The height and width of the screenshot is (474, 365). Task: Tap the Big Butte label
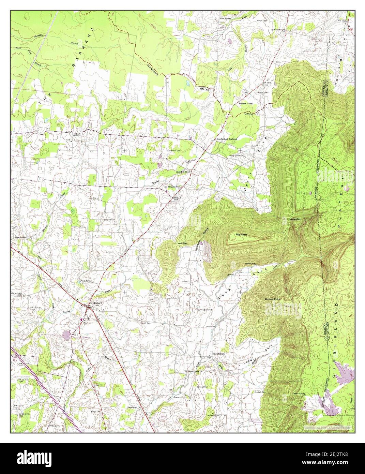[x=241, y=235]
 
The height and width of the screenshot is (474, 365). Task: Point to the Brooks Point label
[x=273, y=299]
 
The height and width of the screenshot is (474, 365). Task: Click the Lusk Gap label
[x=182, y=243]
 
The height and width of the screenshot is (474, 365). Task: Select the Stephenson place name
[x=219, y=354]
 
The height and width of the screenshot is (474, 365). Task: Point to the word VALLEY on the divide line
[x=206, y=89]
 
